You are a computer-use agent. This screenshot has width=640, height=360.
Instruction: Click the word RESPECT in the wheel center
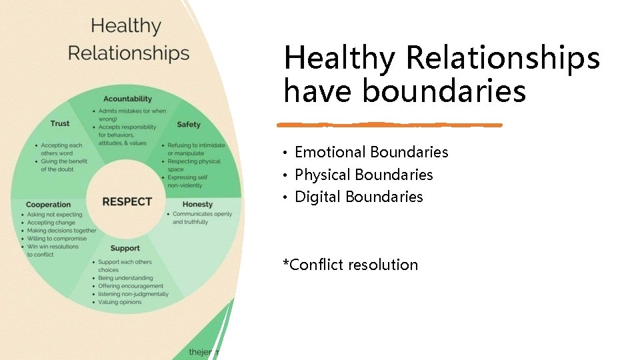(127, 201)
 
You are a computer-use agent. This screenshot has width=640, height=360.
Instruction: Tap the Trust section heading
(60, 123)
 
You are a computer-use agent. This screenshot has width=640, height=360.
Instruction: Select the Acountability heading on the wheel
(127, 99)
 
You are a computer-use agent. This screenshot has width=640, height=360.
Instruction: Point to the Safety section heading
(189, 124)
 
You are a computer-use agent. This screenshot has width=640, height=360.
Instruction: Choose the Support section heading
(125, 249)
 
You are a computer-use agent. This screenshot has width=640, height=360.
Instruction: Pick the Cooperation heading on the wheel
(48, 204)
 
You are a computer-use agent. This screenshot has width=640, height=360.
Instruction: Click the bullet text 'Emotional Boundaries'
(371, 152)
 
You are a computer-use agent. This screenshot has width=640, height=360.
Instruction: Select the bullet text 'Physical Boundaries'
(363, 175)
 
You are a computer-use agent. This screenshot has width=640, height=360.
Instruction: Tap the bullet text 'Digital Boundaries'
(359, 197)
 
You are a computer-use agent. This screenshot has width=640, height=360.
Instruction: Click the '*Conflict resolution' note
(351, 265)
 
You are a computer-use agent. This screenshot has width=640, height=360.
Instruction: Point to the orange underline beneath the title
(389, 125)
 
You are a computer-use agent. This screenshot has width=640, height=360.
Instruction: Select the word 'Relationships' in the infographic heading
(129, 53)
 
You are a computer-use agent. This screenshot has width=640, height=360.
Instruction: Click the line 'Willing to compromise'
(57, 239)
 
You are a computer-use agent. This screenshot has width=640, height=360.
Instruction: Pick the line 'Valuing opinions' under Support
(119, 302)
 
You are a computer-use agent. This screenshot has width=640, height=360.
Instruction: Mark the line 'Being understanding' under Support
(125, 278)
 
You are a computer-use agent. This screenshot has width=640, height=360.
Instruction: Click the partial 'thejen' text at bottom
(203, 351)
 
